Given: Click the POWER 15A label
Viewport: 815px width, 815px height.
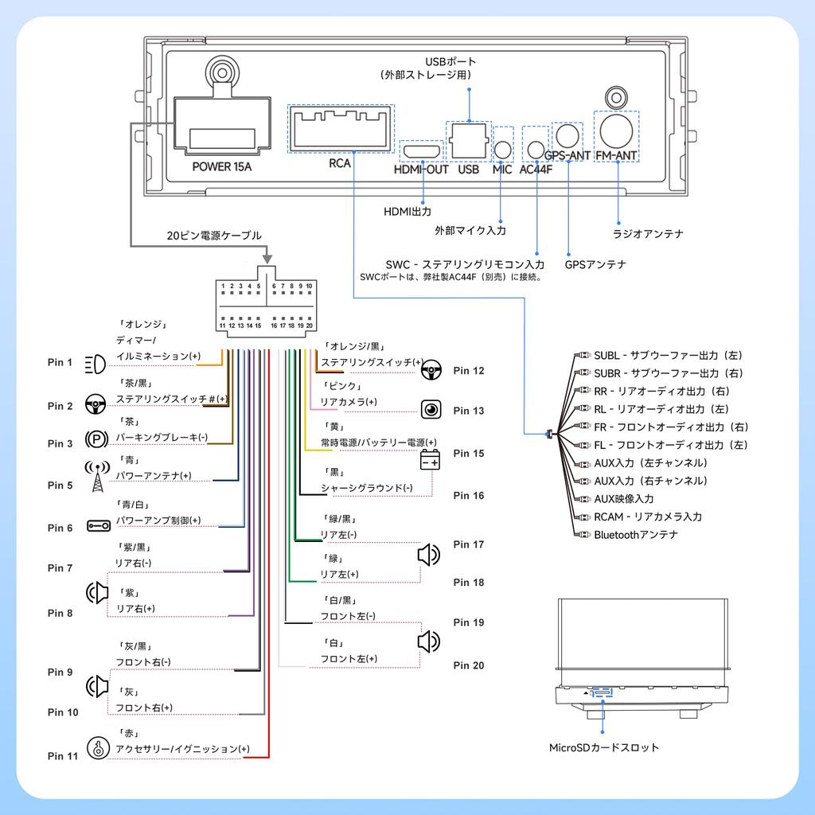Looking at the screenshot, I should tap(222, 167).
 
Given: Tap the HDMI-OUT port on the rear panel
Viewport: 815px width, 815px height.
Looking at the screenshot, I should tap(421, 150).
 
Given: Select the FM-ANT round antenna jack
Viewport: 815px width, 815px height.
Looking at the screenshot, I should tap(617, 131).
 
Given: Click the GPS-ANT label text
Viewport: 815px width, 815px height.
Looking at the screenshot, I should tap(567, 156).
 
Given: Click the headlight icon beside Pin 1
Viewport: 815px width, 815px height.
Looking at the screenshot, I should tap(94, 363).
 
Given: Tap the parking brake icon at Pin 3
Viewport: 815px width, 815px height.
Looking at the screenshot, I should tap(96, 439).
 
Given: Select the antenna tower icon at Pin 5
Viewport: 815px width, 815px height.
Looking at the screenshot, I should tap(93, 478).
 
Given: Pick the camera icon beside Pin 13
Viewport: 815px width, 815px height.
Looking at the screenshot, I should tap(431, 410).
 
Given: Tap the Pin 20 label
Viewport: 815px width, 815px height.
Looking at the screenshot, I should tap(469, 665).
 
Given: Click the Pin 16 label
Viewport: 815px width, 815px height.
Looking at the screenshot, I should tap(469, 496).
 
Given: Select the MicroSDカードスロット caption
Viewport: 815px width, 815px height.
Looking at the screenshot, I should tap(604, 748).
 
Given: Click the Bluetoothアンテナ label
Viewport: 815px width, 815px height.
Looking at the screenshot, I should tap(636, 535).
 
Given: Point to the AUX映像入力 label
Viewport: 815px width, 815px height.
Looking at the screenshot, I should tap(624, 499).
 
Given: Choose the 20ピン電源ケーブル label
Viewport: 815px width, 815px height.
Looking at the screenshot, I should tap(214, 236).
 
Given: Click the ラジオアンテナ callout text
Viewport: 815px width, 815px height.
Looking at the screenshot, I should tap(648, 234).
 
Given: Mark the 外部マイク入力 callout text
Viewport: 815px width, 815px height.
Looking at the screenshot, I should tap(470, 230).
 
